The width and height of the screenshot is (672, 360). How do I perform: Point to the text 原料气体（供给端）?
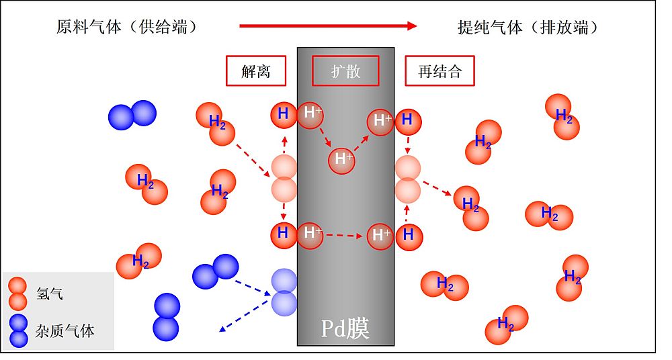coord(127,27)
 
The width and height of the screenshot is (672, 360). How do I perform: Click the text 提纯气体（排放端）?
coord(528,27)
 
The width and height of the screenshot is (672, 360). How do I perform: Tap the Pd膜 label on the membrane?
coord(345,328)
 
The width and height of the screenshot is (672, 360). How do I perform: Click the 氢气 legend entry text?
coord(50,294)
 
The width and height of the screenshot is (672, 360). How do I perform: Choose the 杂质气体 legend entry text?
coord(65,330)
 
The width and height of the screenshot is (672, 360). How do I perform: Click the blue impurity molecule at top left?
coord(132,115)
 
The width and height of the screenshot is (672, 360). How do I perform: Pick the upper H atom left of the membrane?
coord(283,114)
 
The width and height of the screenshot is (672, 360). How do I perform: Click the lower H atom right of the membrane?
coord(408,236)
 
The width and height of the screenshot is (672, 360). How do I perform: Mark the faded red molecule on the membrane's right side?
coord(408,179)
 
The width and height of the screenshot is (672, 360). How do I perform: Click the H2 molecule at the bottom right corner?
coord(507,324)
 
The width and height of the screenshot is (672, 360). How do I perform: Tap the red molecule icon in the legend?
coord(18,294)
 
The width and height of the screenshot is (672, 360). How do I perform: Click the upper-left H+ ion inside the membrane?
coord(311,113)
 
